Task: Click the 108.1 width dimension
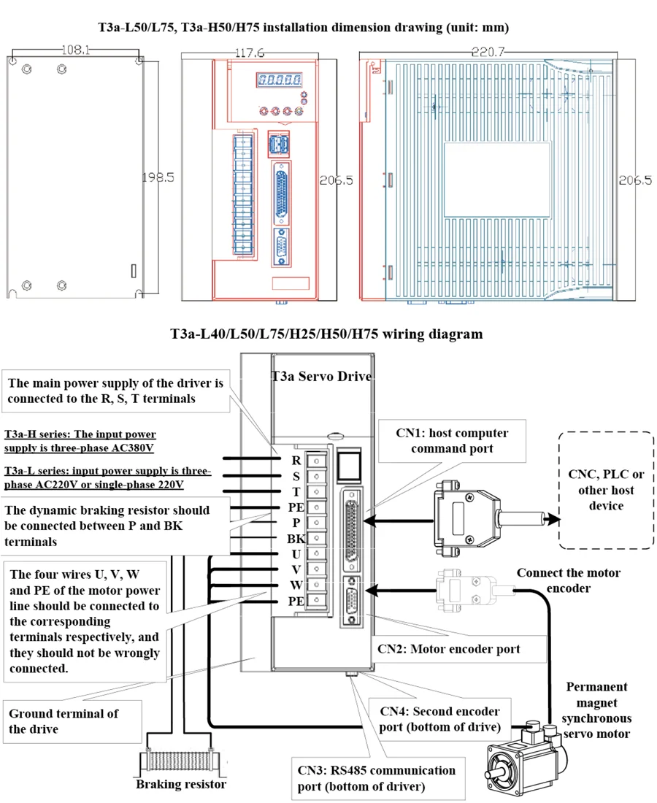[x=75, y=50]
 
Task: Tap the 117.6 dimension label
[x=250, y=53]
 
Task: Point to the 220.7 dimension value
[x=488, y=52]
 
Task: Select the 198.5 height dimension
[x=158, y=177]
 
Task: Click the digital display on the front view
[x=279, y=80]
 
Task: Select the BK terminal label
[x=296, y=539]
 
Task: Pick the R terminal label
[x=296, y=461]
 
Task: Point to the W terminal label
[x=296, y=585]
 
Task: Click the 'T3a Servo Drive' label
[x=322, y=377]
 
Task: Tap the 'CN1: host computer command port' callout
[x=452, y=440]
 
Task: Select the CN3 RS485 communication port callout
[x=378, y=778]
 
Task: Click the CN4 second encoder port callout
[x=440, y=719]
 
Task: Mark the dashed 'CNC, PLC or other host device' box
[x=606, y=490]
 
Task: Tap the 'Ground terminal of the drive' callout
[x=72, y=721]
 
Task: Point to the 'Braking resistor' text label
[x=181, y=784]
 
